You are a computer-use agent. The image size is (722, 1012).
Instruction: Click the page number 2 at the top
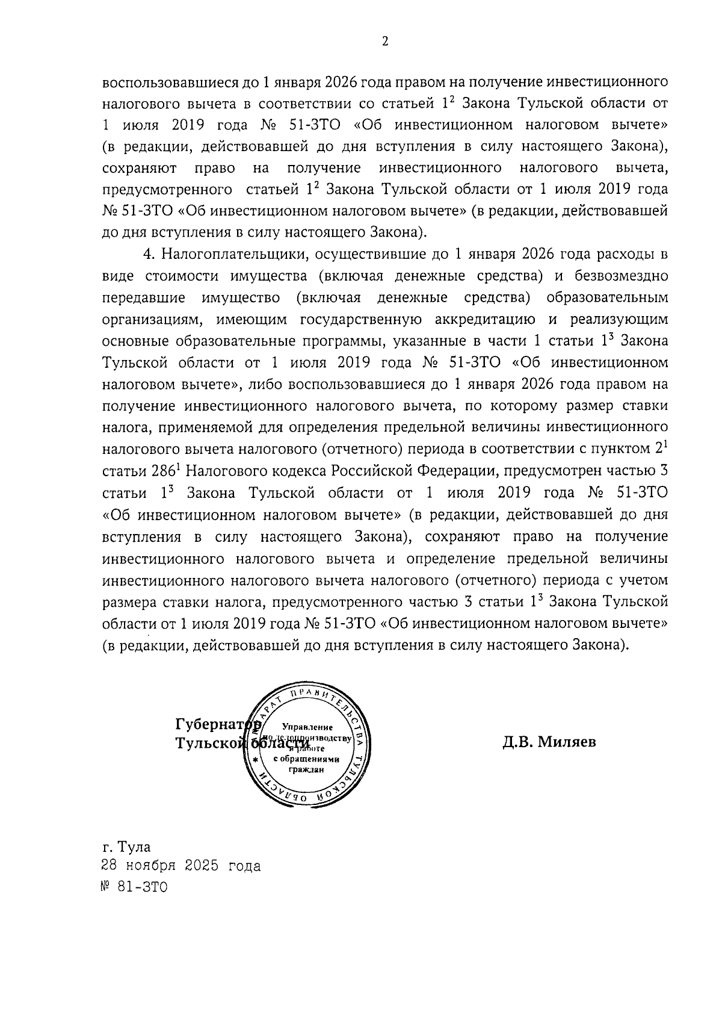385,41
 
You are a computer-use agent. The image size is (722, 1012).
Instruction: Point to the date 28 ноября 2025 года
181,866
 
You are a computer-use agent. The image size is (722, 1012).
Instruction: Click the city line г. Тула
126,847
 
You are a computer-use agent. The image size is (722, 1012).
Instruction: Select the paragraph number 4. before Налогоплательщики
150,254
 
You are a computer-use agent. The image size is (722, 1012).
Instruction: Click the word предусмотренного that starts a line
167,190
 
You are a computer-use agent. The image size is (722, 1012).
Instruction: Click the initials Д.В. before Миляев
519,742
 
